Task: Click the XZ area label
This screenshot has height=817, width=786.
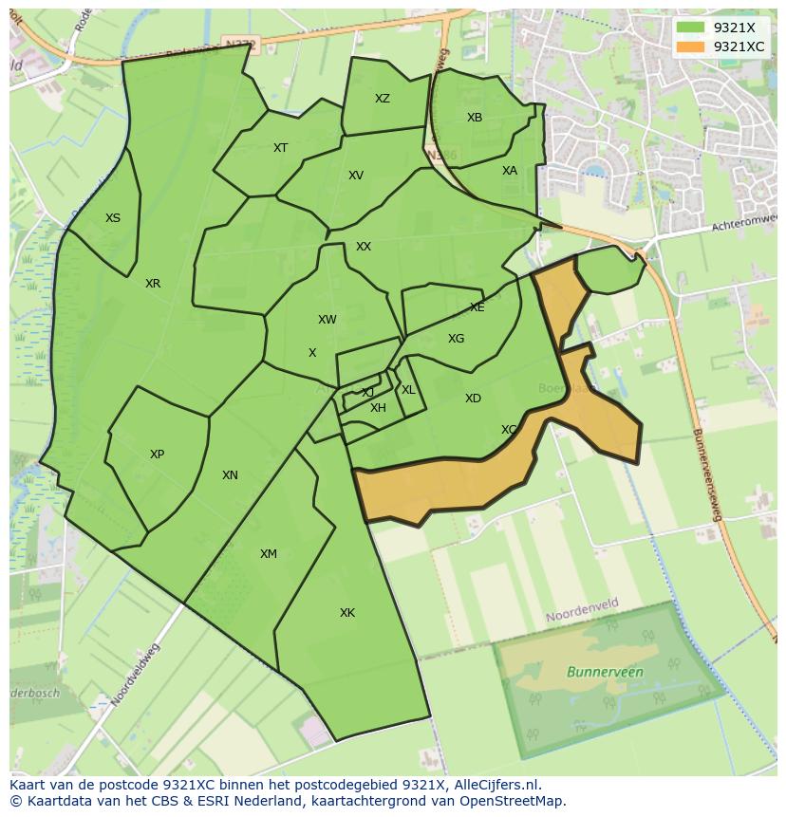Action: pyautogui.click(x=382, y=99)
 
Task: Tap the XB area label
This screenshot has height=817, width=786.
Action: pyautogui.click(x=475, y=118)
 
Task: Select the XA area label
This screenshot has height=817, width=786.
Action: pyautogui.click(x=510, y=171)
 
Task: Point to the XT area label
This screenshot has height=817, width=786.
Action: pyautogui.click(x=280, y=148)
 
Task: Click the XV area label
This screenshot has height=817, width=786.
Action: pyautogui.click(x=356, y=176)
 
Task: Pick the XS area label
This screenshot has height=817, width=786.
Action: pyautogui.click(x=113, y=218)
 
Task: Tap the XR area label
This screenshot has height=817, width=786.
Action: pyautogui.click(x=153, y=284)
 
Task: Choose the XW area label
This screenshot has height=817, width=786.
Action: pyautogui.click(x=327, y=320)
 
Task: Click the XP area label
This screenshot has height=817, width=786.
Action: pyautogui.click(x=157, y=455)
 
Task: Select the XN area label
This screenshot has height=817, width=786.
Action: pyautogui.click(x=230, y=475)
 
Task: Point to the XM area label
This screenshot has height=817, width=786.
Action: pyautogui.click(x=269, y=554)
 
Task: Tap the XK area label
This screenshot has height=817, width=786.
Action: pyautogui.click(x=347, y=613)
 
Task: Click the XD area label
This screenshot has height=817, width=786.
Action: pyautogui.click(x=473, y=399)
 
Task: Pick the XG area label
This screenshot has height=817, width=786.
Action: pyautogui.click(x=456, y=339)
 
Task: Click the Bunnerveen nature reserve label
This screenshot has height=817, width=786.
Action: pyautogui.click(x=605, y=672)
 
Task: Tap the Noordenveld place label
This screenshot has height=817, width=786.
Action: pyautogui.click(x=581, y=615)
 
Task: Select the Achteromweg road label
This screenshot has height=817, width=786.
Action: pyautogui.click(x=744, y=224)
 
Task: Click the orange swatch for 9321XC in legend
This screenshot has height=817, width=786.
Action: pyautogui.click(x=691, y=46)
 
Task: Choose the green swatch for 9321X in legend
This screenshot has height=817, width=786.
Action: pyautogui.click(x=691, y=28)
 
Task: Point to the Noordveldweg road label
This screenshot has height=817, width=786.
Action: pyautogui.click(x=136, y=675)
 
